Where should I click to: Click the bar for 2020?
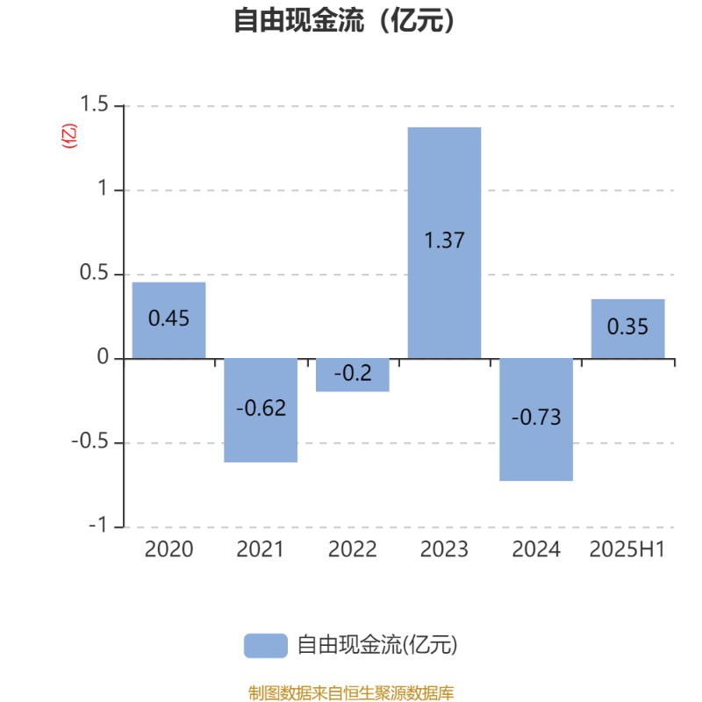(x=168, y=320)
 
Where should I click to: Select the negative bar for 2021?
(x=261, y=410)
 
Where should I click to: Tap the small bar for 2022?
(x=353, y=376)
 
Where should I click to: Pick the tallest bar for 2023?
(x=444, y=243)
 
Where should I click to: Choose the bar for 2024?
(x=536, y=419)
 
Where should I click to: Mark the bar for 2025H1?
(x=627, y=328)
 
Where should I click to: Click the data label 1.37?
(x=444, y=240)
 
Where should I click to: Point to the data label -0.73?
(x=536, y=418)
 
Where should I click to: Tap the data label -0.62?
(x=261, y=408)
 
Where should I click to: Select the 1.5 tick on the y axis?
(x=94, y=104)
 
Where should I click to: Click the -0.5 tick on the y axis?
(x=90, y=441)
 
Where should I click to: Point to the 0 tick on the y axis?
(x=103, y=357)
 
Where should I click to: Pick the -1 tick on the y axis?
(x=98, y=525)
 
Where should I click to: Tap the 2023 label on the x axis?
(x=444, y=549)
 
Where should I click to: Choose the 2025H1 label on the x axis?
(x=627, y=549)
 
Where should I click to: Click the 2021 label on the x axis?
(x=260, y=549)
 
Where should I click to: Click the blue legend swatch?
(x=266, y=646)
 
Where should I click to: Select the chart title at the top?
(x=344, y=20)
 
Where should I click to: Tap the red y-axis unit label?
(x=69, y=136)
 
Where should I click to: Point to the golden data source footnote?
(x=351, y=692)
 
